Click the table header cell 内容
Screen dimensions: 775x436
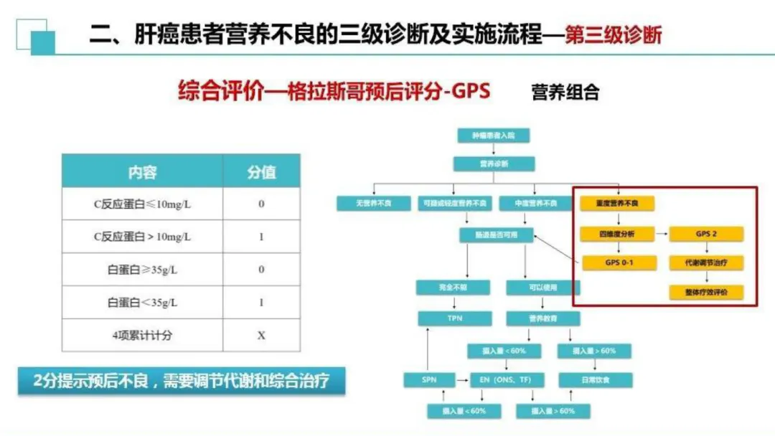coord(142,172)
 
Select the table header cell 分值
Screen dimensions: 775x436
coord(261,172)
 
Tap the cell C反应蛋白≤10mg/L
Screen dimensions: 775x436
coord(142,204)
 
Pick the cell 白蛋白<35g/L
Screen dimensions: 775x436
coord(142,303)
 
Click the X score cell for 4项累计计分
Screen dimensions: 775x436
coord(261,336)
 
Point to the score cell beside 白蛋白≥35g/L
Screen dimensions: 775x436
coord(261,270)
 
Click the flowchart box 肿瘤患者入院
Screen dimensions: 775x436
coord(494,135)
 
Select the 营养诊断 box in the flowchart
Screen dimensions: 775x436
coord(494,163)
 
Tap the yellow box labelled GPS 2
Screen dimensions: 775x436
coord(706,234)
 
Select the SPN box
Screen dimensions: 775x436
coord(429,379)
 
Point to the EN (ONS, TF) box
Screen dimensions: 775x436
coord(507,379)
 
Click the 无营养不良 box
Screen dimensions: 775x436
coord(373,204)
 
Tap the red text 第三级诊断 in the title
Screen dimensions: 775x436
coord(614,34)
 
